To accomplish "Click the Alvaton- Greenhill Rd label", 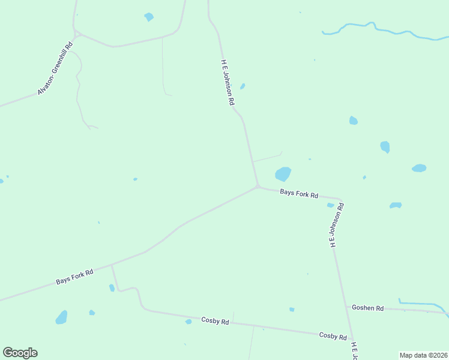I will [55, 69].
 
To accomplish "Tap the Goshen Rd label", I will [368, 308].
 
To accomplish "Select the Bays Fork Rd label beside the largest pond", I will [299, 193].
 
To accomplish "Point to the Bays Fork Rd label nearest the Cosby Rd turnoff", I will [75, 277].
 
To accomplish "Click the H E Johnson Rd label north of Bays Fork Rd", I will [227, 83].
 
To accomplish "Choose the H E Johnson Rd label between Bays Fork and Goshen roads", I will [336, 225].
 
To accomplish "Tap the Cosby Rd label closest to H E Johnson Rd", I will [333, 336].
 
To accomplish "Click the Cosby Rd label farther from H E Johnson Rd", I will [215, 321].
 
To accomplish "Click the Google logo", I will [20, 353].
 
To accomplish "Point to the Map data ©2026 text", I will [423, 355].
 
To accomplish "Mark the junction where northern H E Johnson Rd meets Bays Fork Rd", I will [258, 187].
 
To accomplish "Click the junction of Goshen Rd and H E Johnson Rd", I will [347, 307].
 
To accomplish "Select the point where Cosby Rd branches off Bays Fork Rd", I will [112, 265].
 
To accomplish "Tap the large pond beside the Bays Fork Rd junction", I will [283, 173].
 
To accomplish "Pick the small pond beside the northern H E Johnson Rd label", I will [243, 86].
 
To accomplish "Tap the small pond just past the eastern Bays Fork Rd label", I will [330, 205].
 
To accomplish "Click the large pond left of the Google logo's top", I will [62, 317].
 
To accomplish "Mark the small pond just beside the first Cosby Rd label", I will [188, 322].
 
